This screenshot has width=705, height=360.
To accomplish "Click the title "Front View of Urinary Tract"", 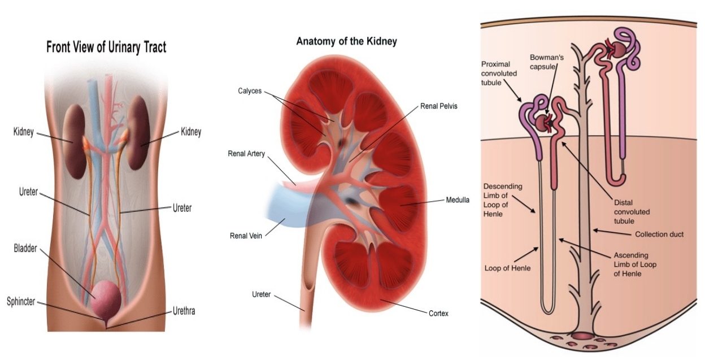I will click(x=106, y=47).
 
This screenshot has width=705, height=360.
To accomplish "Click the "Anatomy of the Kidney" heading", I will click(x=346, y=41).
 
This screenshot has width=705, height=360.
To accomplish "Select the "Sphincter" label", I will click(x=21, y=302).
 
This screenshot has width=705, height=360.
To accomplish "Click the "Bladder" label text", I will click(x=26, y=248).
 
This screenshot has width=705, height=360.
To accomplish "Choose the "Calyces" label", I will click(x=249, y=91).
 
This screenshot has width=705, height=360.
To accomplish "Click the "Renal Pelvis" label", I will click(x=439, y=106).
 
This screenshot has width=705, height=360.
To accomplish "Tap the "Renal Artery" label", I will click(x=246, y=154).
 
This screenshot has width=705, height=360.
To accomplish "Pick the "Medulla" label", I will click(x=458, y=200).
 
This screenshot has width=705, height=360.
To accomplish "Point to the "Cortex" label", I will click(x=438, y=313).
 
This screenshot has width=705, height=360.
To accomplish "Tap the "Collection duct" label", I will click(x=659, y=234).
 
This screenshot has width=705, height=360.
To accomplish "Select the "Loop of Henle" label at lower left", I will click(x=507, y=268).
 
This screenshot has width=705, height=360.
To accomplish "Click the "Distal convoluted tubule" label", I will click(x=632, y=212).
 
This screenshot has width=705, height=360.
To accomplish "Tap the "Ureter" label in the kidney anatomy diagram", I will click(x=262, y=294).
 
